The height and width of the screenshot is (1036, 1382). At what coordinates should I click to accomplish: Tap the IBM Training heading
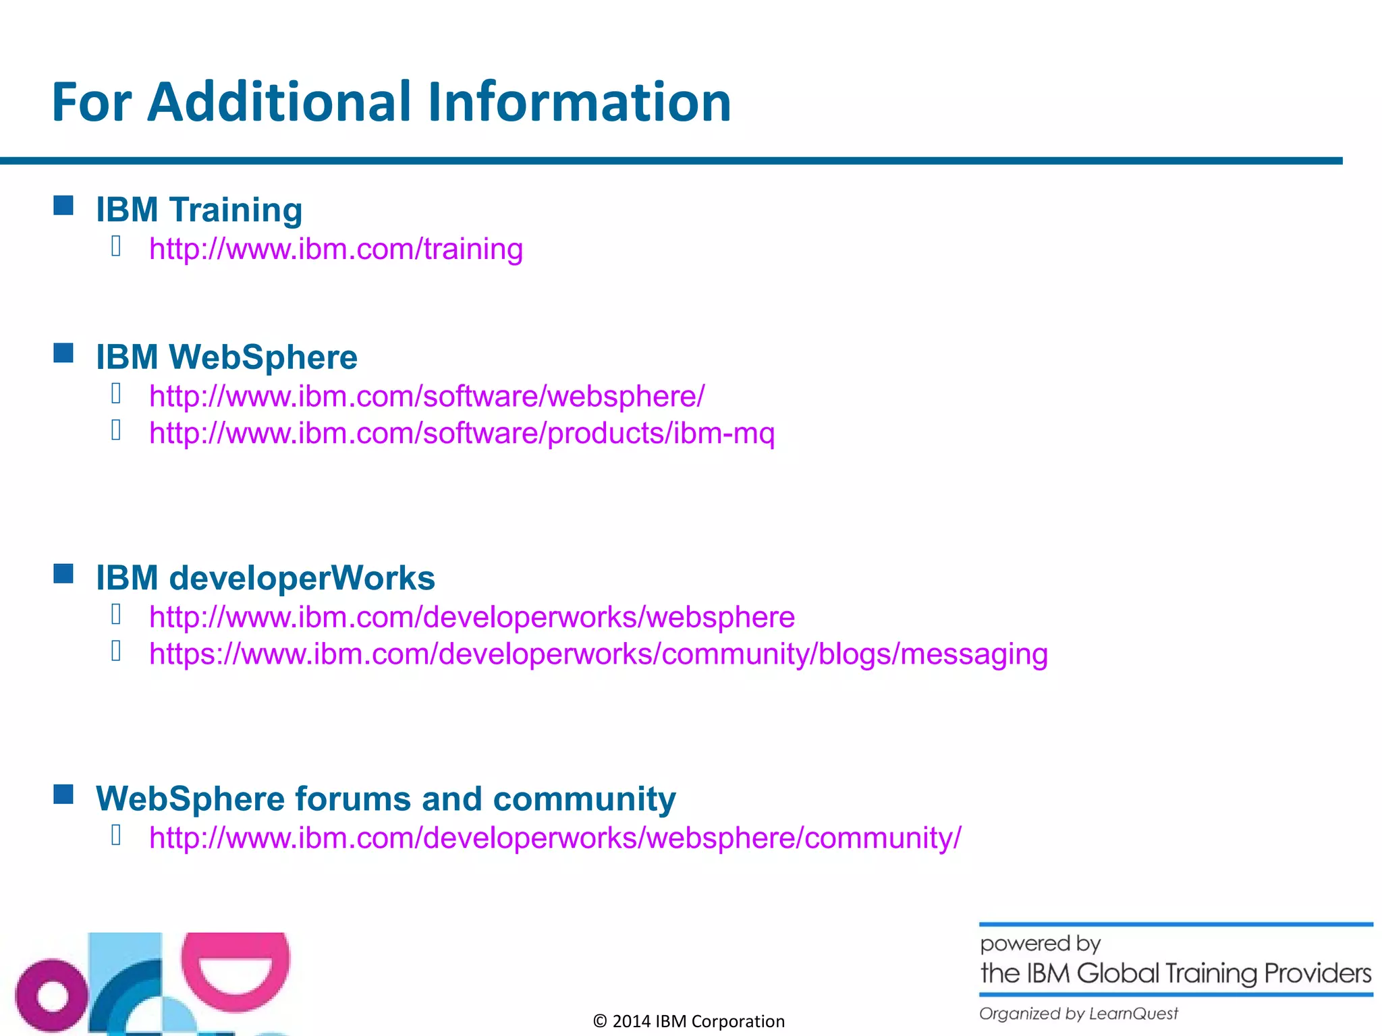[199, 209]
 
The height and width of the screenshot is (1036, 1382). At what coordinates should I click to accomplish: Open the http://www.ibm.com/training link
[336, 249]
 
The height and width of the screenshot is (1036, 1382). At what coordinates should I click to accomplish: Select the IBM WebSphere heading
[227, 357]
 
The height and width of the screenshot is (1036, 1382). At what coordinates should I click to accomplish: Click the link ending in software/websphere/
[426, 396]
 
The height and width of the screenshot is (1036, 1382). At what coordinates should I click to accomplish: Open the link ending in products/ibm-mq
[462, 433]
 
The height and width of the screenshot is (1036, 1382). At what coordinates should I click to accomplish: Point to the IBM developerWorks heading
[265, 578]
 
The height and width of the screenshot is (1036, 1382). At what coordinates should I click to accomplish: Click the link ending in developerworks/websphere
[472, 617]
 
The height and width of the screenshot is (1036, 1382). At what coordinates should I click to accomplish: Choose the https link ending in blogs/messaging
[599, 654]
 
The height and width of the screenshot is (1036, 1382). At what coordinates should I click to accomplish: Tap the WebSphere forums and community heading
[385, 799]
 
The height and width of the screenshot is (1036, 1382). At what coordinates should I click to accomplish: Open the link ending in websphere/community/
[555, 838]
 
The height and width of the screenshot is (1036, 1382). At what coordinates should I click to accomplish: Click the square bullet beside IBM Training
[63, 206]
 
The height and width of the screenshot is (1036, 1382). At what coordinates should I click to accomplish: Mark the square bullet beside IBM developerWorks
[63, 574]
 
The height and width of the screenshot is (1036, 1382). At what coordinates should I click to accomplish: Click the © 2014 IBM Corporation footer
[688, 1021]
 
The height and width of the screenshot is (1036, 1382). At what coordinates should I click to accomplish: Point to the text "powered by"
[1040, 944]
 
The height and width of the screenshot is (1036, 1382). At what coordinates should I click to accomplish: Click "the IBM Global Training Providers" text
[1176, 973]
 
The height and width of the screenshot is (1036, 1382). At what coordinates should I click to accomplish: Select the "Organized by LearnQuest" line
[1078, 1014]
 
